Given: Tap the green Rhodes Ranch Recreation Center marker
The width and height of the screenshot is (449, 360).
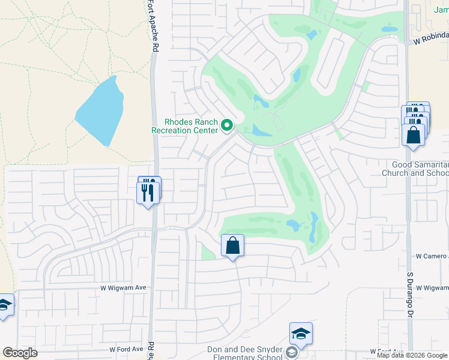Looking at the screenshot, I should pos(227,125).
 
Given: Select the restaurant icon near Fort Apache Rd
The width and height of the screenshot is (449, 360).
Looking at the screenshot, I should pos(148,191).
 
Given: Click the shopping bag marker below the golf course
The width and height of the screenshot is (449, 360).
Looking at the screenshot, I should pos(232,245).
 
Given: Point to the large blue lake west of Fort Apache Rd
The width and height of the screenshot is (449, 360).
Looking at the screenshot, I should pos(100,111).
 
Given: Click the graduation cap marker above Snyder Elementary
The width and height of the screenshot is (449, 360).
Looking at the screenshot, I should pos(301,334).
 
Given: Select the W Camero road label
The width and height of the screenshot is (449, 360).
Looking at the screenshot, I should pos(432,256).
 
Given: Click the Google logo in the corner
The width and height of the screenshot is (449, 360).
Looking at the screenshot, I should pos(20,353).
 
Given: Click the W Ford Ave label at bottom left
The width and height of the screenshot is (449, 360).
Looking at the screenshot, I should pos(127,349).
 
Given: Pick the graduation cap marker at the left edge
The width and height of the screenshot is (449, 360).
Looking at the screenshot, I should pos(4,307).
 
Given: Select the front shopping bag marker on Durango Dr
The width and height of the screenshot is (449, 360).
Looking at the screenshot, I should pos(414,134).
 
